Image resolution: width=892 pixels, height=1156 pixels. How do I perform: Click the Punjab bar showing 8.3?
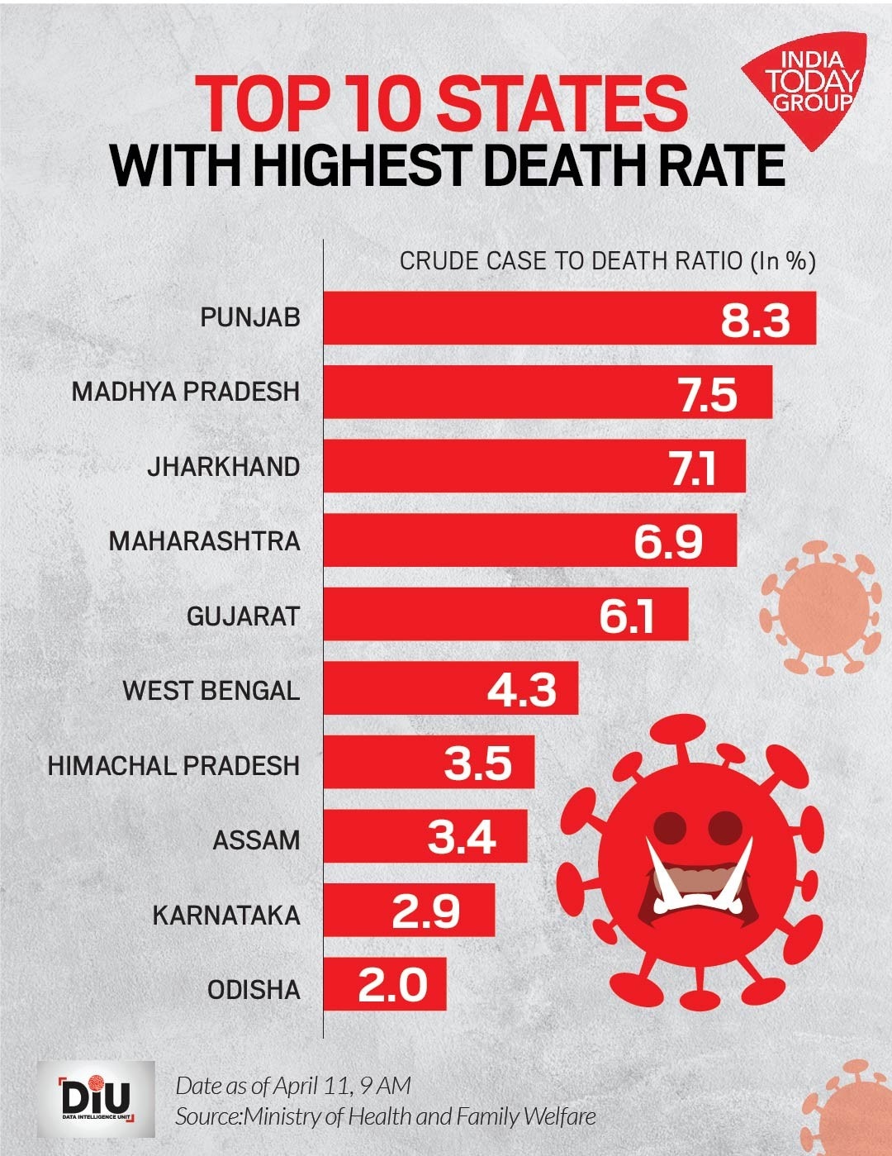569,318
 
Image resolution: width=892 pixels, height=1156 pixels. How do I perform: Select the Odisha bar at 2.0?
385,984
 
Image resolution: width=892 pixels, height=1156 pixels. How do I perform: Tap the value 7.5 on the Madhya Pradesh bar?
708,393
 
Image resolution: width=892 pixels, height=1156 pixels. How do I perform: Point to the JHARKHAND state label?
224,467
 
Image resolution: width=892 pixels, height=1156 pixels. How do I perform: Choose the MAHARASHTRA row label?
204,541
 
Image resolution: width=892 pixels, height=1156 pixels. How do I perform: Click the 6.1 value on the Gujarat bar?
627,616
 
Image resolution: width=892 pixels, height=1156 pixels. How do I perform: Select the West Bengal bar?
450,688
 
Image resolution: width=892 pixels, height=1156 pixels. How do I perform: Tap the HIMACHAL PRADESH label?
173,766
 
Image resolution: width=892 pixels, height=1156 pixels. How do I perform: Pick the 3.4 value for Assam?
462,838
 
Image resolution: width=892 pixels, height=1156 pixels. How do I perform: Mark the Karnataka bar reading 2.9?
409,910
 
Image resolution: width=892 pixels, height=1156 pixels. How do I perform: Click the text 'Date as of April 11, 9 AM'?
293,1085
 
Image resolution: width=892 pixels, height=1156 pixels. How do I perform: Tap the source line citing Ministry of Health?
385,1117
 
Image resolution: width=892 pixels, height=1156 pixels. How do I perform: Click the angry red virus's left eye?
670,825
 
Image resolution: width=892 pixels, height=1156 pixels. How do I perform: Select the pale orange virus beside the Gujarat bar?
820,608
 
